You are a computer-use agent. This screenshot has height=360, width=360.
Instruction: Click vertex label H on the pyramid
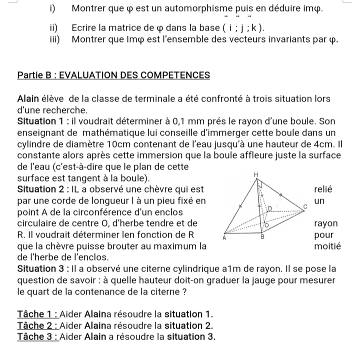click(255, 173)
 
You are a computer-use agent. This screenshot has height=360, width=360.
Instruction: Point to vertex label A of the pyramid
click(225, 239)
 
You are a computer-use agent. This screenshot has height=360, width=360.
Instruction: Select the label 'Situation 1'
click(41, 121)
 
